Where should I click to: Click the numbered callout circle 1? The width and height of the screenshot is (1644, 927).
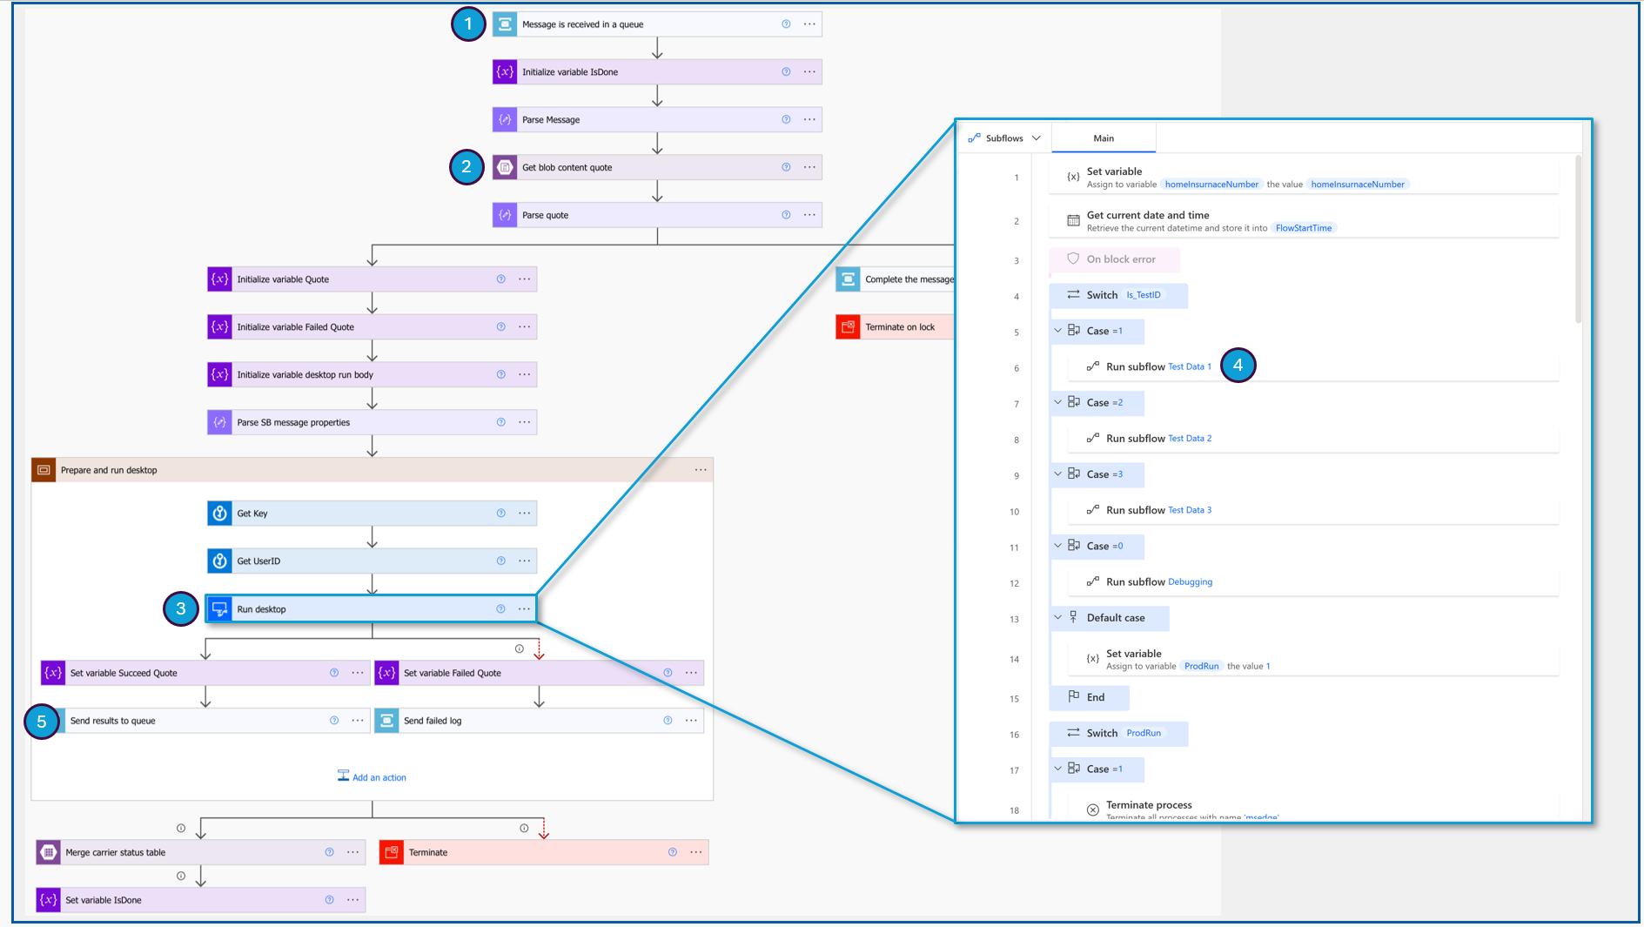[x=468, y=24]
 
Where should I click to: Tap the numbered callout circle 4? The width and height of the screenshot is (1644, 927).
[x=1238, y=366]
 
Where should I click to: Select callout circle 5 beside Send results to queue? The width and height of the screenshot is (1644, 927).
[x=41, y=722]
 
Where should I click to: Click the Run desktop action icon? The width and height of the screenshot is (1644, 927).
[x=220, y=609]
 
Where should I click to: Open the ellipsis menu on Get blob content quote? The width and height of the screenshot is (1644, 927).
[x=809, y=167]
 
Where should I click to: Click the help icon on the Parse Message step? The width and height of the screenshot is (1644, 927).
[x=786, y=119]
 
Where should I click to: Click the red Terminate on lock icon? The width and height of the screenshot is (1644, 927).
[x=848, y=327]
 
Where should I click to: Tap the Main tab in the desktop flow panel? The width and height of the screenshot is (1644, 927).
[x=1104, y=138]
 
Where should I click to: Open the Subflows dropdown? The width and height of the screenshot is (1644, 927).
[x=1005, y=138]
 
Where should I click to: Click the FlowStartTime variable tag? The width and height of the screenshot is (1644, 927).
[x=1303, y=228]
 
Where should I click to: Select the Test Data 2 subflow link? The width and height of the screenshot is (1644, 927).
[x=1189, y=439]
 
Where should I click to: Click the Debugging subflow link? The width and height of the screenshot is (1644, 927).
[x=1190, y=582]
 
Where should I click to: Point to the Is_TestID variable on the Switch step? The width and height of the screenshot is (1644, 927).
[x=1143, y=295]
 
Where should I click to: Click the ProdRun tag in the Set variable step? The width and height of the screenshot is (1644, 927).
[x=1201, y=667]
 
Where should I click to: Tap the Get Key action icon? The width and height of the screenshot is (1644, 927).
[x=220, y=514]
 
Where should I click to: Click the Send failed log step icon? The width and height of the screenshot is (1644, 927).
[x=387, y=721]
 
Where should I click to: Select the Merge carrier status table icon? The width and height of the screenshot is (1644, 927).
[x=49, y=852]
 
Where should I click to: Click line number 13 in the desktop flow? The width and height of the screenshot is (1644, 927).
[x=1014, y=620]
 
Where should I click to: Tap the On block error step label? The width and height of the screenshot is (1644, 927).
[x=1121, y=259]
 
